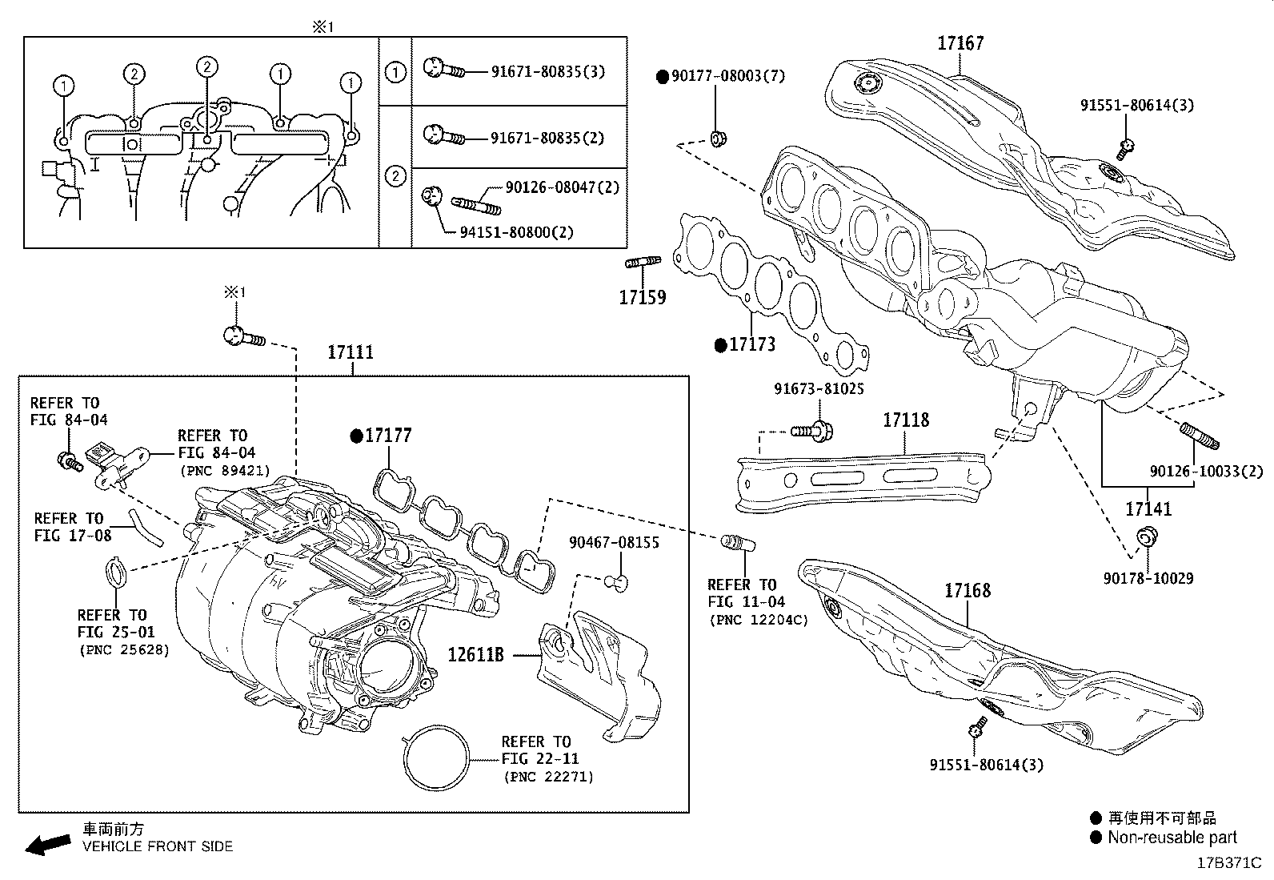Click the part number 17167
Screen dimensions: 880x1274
tap(960, 43)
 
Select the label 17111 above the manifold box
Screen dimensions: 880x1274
tap(351, 352)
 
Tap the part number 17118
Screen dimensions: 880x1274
tap(906, 420)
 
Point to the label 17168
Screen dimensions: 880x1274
tap(967, 591)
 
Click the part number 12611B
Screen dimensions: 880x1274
tap(475, 654)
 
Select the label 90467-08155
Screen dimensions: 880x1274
tap(614, 543)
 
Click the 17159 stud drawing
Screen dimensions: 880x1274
tap(642, 263)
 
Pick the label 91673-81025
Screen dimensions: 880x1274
tap(819, 389)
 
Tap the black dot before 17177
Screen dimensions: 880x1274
tap(357, 436)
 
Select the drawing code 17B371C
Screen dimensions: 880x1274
tap(1228, 863)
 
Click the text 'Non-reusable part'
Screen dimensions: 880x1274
tap(1172, 838)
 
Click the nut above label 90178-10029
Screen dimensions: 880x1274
tap(1145, 536)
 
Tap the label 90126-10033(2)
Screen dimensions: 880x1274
tap(1206, 472)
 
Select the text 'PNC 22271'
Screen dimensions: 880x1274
tap(548, 777)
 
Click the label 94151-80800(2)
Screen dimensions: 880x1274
tap(516, 232)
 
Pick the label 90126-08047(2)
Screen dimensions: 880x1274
tap(562, 187)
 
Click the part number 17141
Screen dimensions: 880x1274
tap(1148, 509)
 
